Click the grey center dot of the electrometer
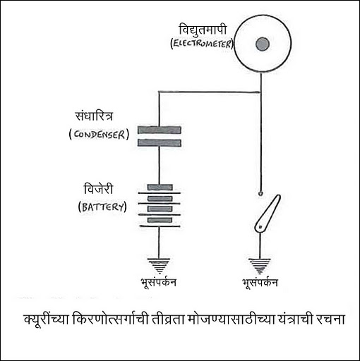click(263, 44)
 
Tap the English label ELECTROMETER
click(202, 44)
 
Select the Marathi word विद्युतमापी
click(203, 30)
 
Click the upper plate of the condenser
click(160, 130)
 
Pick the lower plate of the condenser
click(160, 143)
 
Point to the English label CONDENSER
click(99, 135)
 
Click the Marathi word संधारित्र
click(94, 116)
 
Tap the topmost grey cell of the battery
click(160, 188)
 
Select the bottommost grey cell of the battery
click(160, 220)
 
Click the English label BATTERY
click(102, 207)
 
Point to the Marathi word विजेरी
click(98, 189)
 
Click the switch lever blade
click(268, 213)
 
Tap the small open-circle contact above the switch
click(260, 194)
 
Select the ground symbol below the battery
click(159, 266)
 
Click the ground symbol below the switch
click(260, 266)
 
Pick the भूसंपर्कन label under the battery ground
click(158, 283)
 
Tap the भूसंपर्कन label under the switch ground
click(260, 283)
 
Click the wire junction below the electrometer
click(260, 92)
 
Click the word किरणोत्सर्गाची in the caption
click(111, 319)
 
